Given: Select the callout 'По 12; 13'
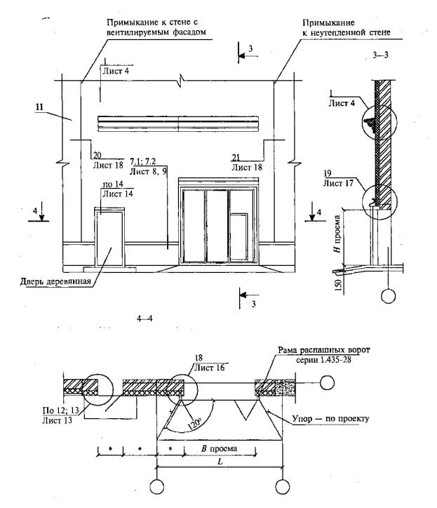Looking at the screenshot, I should (x=51, y=407).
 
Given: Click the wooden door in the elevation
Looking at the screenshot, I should (x=110, y=239).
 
